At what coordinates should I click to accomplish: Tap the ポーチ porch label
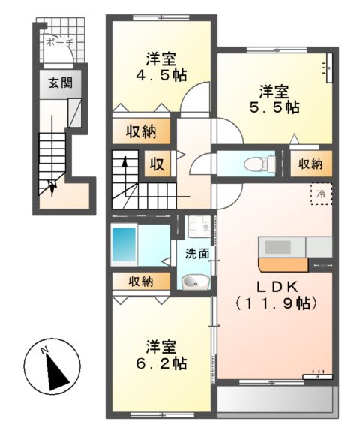click(x=59, y=44)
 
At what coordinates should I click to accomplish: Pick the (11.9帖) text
click(x=274, y=304)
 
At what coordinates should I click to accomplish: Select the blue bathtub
click(x=124, y=243)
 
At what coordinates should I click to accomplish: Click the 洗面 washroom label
click(x=197, y=254)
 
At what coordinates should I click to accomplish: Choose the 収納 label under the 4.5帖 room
click(x=140, y=132)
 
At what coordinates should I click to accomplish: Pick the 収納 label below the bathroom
click(x=140, y=282)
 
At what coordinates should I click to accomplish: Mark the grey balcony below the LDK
click(x=274, y=397)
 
